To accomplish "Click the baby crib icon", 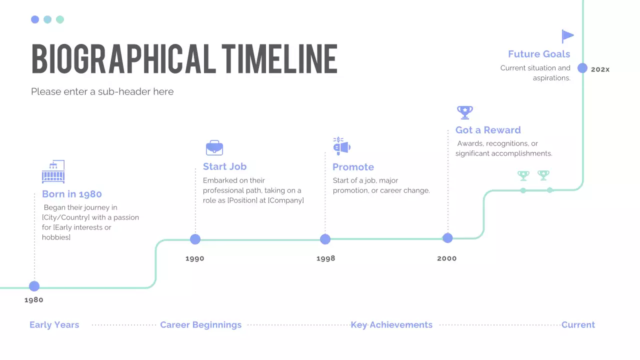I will tap(53, 172).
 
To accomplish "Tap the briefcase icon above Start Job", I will tap(214, 148).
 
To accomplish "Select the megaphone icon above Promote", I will tap(341, 146).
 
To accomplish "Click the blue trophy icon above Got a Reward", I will tap(464, 112).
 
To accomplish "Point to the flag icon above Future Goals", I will tap(567, 36).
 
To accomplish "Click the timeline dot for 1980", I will tap(34, 286).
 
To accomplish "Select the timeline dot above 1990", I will tap(195, 239).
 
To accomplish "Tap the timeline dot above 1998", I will tap(325, 239).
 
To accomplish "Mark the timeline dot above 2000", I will tap(447, 238).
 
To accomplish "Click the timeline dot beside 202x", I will tap(582, 68).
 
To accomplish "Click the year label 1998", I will tap(326, 258).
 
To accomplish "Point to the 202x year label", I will tap(600, 69).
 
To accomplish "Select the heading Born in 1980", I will tap(72, 194).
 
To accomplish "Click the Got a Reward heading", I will tap(488, 130).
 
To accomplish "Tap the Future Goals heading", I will tap(539, 54).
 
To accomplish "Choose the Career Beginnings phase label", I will tap(200, 325).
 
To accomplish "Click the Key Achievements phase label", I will tap(391, 325).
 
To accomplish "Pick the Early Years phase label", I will tap(54, 325).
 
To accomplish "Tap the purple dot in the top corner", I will tap(35, 19).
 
